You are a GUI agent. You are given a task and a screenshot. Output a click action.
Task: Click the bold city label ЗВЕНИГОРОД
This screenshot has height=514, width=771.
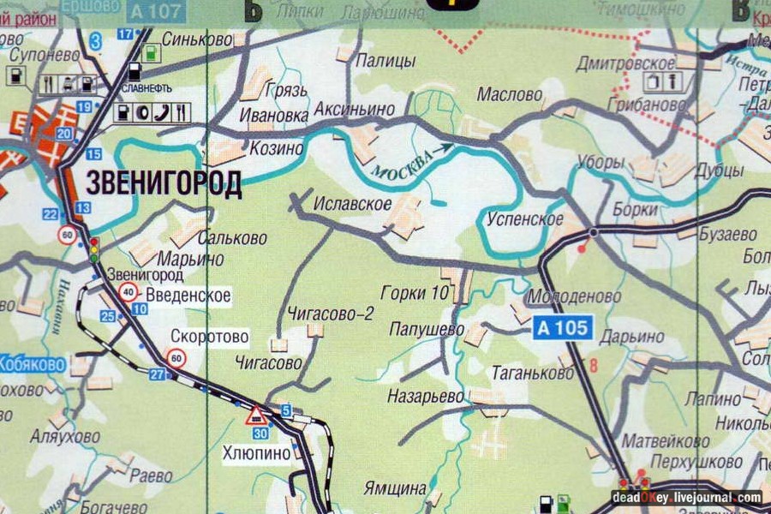(164, 183)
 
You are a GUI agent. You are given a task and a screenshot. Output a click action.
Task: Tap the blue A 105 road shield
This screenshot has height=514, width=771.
(563, 327)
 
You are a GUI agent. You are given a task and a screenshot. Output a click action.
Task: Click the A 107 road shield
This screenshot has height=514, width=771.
(158, 11)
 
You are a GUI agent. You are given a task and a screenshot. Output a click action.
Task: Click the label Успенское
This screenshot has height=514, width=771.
(524, 218)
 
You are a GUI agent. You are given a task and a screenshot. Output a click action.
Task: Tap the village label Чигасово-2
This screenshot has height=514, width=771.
(331, 314)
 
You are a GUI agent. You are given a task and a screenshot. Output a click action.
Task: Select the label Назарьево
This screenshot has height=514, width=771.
(426, 397)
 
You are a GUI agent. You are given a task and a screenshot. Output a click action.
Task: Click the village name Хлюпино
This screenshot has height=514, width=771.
(257, 454)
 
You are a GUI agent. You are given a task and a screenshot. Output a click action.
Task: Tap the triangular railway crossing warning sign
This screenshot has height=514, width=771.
(256, 416)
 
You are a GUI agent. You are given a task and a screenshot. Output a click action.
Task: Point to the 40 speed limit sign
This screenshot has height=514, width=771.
(128, 293)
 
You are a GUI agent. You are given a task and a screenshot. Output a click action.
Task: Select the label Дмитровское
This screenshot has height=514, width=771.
(637, 63)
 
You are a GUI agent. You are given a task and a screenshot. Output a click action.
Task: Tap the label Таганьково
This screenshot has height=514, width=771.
(532, 374)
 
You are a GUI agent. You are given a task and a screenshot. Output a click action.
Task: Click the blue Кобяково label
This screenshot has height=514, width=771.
(33, 363)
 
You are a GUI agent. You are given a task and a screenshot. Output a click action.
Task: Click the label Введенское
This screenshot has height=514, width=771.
(188, 296)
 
